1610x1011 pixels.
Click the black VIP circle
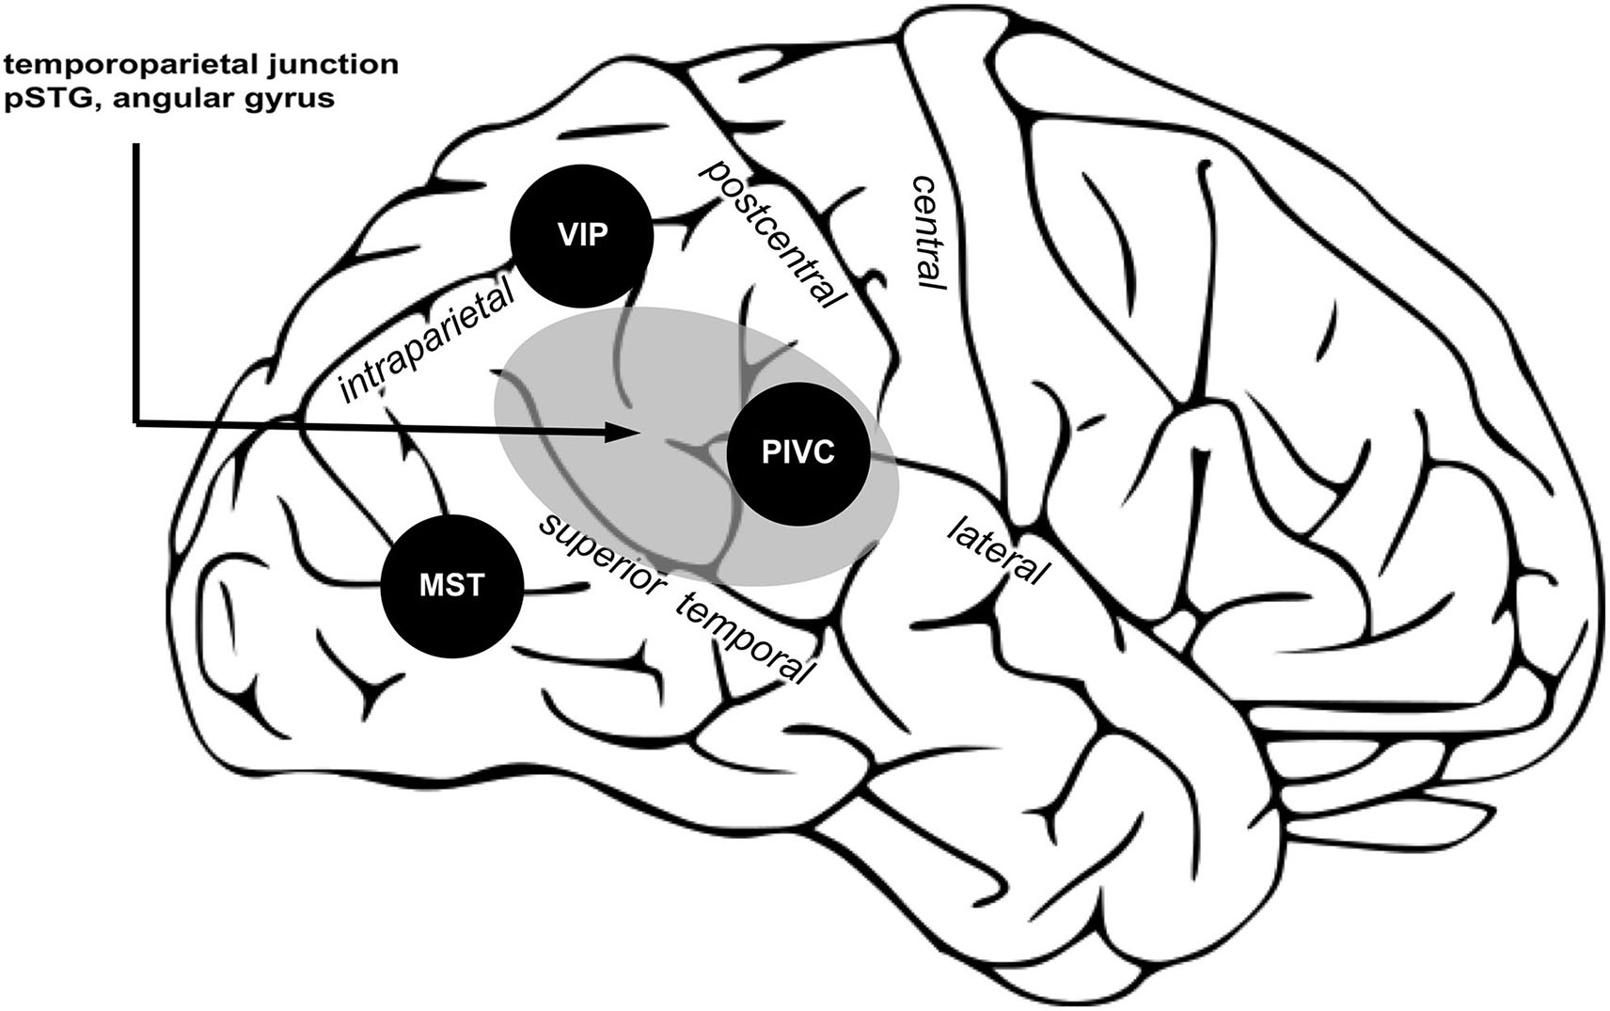point(581,236)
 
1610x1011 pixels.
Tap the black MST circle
point(452,585)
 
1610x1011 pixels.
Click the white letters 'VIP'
point(581,236)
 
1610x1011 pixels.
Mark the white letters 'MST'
point(452,585)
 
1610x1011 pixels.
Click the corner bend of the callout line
point(137,422)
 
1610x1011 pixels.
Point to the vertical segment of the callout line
point(137,282)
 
